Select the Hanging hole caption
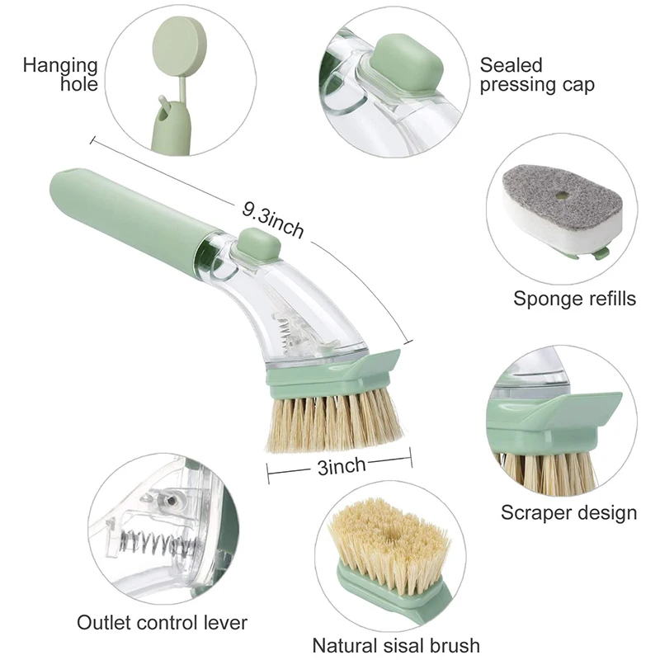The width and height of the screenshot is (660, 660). click(60, 74)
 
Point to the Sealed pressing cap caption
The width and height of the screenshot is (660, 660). click(537, 74)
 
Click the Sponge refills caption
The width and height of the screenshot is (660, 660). click(575, 298)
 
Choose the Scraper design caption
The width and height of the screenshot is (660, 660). click(569, 512)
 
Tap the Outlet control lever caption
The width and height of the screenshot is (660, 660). click(162, 621)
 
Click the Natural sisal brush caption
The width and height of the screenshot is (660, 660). click(396, 644)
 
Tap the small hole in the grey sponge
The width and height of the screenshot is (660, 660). click(561, 196)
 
